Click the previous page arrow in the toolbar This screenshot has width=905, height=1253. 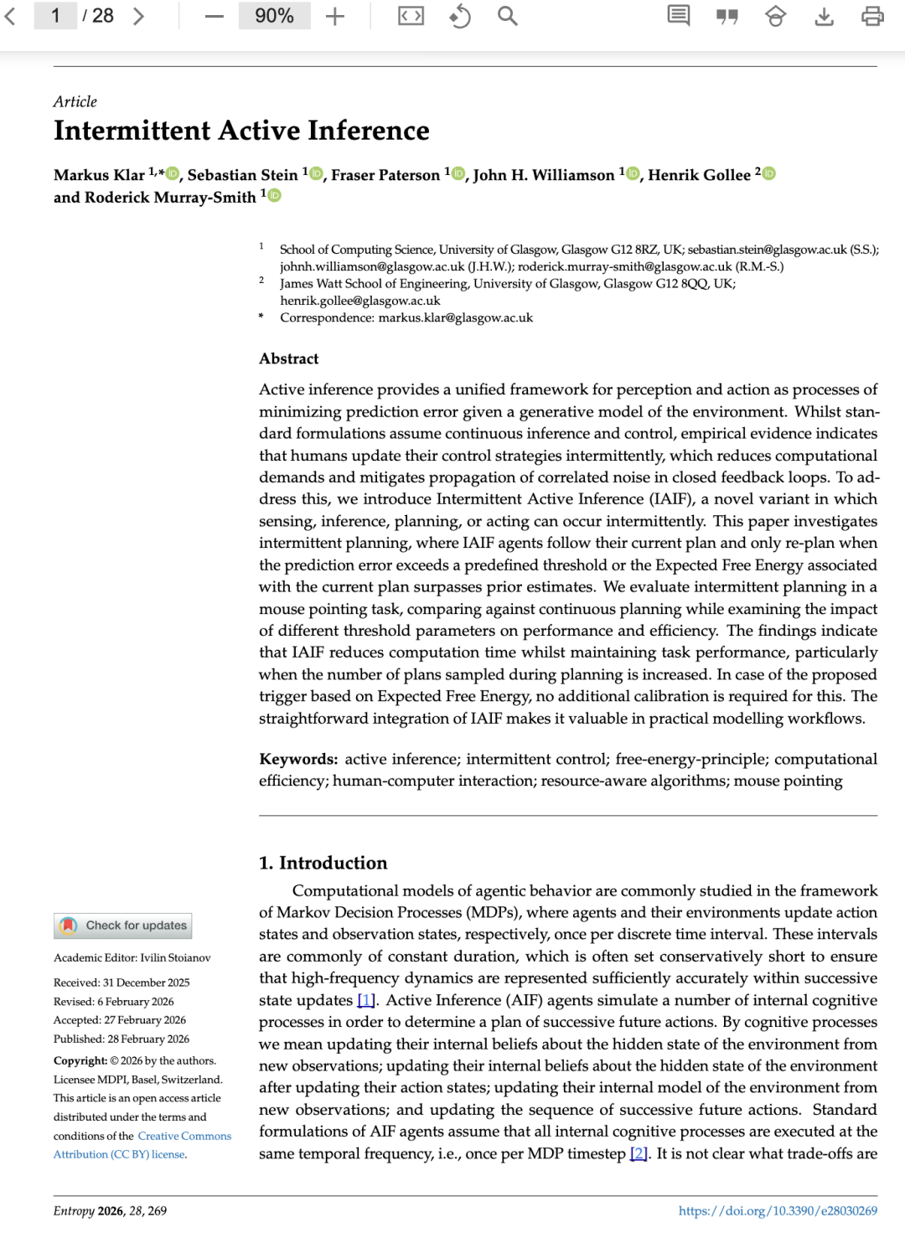11,16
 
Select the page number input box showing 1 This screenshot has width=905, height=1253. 54,16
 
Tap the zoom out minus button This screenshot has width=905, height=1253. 215,16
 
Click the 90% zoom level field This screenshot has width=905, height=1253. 274,16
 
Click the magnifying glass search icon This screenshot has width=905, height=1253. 507,16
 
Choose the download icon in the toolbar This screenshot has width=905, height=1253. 824,16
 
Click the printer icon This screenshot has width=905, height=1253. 872,16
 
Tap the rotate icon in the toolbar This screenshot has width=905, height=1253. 459,16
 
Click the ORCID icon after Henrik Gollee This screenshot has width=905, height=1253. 769,173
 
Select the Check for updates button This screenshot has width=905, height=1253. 123,926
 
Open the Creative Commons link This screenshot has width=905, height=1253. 184,1136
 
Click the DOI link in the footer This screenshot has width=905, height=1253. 778,1210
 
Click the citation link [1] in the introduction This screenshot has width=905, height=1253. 366,1000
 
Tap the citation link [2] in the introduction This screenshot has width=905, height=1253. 639,1153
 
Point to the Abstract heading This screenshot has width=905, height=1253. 288,358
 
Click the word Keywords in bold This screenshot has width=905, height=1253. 297,759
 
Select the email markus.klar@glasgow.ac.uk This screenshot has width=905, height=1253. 455,317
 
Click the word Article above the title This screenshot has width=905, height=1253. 75,101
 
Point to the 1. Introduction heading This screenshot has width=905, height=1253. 323,863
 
